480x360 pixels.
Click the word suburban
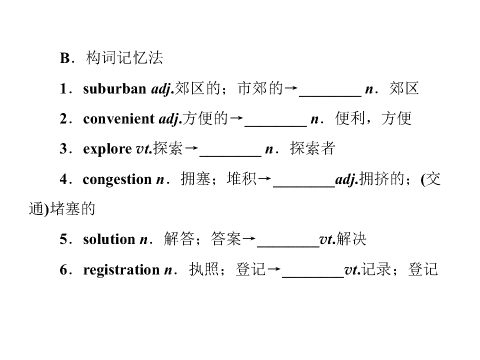tap(114, 89)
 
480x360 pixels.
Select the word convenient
tap(119, 119)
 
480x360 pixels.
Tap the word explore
tap(107, 149)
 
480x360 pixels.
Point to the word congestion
tap(117, 179)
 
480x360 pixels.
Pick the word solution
tap(109, 239)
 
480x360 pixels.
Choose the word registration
tap(121, 270)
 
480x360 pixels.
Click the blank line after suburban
tap(330, 96)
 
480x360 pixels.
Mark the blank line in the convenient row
tap(275, 126)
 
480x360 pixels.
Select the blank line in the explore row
tap(230, 156)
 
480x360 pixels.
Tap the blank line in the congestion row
tap(304, 186)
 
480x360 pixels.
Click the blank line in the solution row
tap(288, 246)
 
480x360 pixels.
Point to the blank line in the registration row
tap(313, 276)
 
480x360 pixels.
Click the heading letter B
tap(65, 58)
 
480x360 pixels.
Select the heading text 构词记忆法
tap(124, 57)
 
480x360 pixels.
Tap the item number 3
tap(63, 149)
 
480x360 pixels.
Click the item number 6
tap(63, 269)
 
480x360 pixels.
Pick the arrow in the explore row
tap(191, 148)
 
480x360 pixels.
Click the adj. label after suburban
tap(162, 89)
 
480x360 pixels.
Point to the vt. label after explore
tap(144, 149)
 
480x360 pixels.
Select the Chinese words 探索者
tap(312, 148)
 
